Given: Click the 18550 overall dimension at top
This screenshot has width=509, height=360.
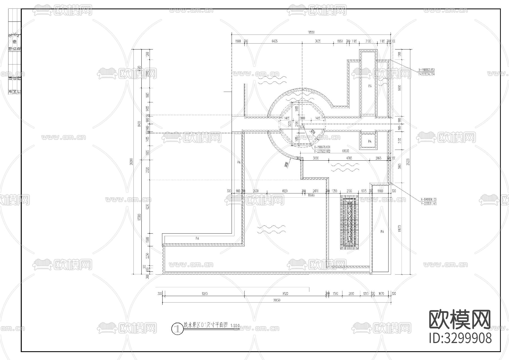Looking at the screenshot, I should tap(311, 33).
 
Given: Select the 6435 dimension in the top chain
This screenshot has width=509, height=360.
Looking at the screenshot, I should tap(275, 41).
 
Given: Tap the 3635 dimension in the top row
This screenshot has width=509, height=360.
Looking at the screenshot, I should tap(318, 41).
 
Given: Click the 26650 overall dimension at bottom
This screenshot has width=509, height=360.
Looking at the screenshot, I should tap(277, 300).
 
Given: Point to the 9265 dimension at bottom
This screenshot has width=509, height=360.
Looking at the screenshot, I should tap(204, 294).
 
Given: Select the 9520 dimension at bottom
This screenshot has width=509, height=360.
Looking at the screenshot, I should tap(285, 294).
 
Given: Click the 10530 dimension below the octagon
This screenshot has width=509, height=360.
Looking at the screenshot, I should tap(345, 151).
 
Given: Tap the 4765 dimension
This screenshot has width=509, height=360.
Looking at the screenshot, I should tap(349, 158).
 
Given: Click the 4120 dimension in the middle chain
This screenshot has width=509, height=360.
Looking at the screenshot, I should tap(284, 191).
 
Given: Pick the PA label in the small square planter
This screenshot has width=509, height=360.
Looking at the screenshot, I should tap(370, 141).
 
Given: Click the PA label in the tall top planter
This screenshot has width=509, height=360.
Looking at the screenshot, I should tap(370, 86).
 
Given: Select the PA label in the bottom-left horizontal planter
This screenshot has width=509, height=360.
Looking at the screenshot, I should tap(197, 239).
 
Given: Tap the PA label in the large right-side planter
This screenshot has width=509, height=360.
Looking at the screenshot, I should tap(382, 232).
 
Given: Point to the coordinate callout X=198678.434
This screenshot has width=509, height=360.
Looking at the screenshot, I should tap(322, 147).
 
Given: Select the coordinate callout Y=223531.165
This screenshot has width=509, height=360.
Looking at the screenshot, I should tap(428, 204).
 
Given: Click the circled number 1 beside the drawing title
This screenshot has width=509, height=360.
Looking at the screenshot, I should tap(177, 329).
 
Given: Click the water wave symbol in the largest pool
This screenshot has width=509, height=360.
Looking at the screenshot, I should tap(272, 229).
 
